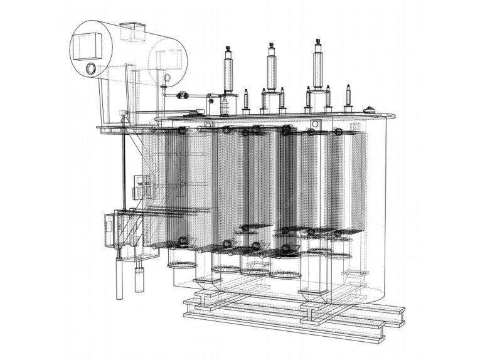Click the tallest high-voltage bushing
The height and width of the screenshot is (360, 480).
point(318,66)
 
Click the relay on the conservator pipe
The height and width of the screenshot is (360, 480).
point(182,95)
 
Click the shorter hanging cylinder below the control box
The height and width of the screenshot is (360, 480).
point(139,280)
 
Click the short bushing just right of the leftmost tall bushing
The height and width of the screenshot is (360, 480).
point(246,100)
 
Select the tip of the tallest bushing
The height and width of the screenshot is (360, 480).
point(318,41)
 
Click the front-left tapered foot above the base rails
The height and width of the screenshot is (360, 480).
point(206,285)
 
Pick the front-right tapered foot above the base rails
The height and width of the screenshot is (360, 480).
point(311,295)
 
